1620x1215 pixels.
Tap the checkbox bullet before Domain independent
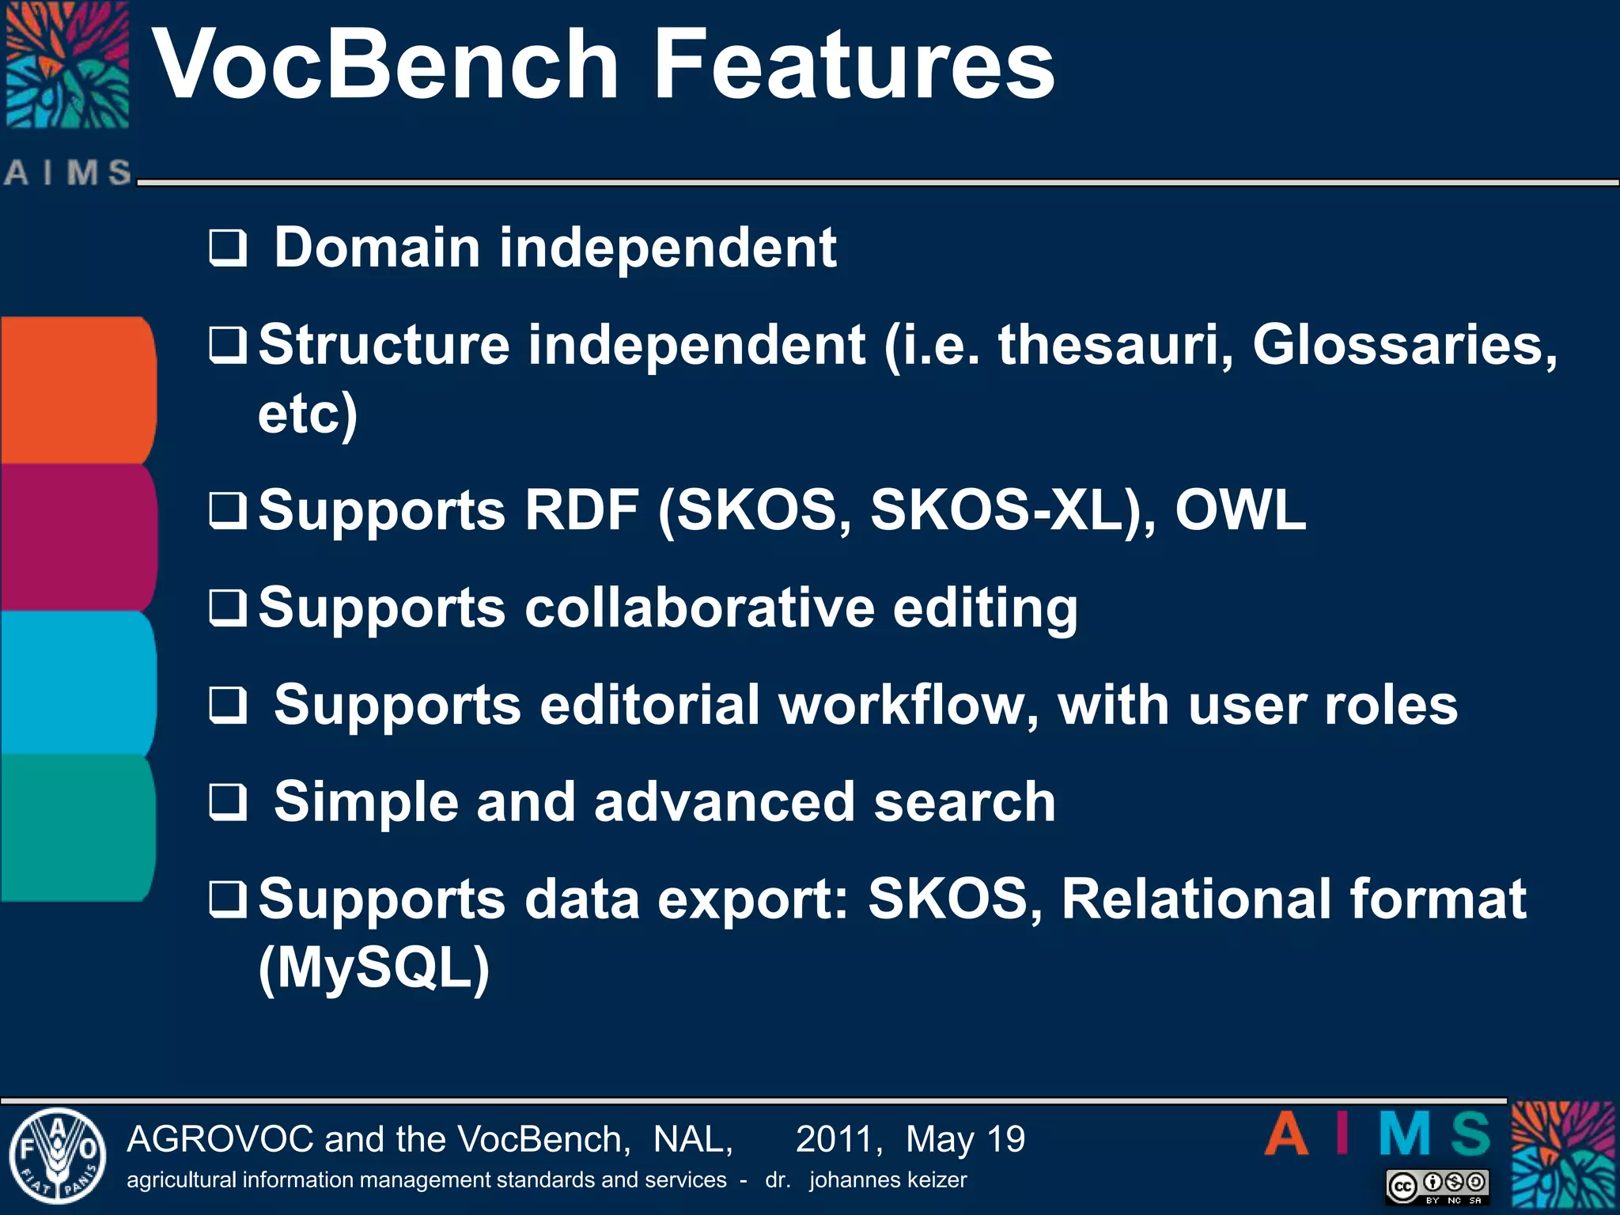click(228, 248)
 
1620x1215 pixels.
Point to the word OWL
click(1240, 510)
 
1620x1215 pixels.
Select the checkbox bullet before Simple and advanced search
click(228, 802)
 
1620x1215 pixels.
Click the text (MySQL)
click(373, 967)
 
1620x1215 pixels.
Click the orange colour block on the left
click(77, 389)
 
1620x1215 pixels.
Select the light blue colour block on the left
click(77, 683)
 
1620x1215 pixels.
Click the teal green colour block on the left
click(77, 827)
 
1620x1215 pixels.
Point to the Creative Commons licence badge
click(1437, 1186)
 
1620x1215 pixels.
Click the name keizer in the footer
click(937, 1180)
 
